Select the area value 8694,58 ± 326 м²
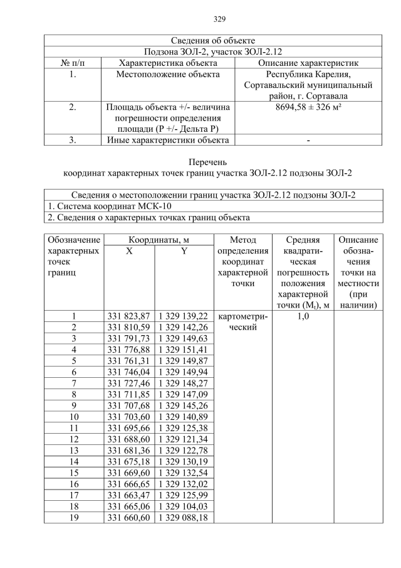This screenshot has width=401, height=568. (x=309, y=108)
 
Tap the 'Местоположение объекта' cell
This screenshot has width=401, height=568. (x=168, y=74)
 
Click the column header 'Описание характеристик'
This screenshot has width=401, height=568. (x=309, y=63)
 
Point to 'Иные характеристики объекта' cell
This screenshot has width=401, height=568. (x=168, y=140)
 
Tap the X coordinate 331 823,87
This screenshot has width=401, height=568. (x=129, y=316)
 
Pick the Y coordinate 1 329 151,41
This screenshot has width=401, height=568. (x=183, y=350)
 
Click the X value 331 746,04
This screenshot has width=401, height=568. (x=129, y=372)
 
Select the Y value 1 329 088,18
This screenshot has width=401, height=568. (x=183, y=517)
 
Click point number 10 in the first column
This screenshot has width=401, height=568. (x=74, y=417)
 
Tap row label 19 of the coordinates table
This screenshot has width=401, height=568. (x=74, y=517)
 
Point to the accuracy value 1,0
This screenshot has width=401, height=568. (x=303, y=316)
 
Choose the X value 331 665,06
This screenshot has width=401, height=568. (x=129, y=506)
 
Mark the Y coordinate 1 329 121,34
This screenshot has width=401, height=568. (x=183, y=439)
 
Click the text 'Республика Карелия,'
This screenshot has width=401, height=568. (x=309, y=74)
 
